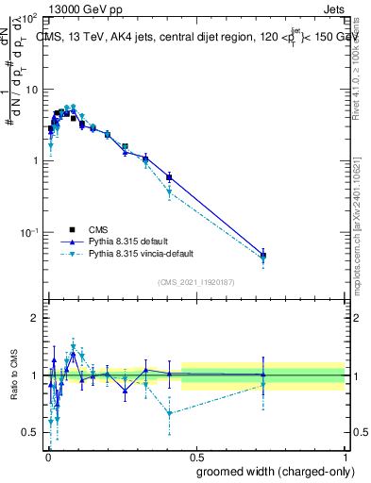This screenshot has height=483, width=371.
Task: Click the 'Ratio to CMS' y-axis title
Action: click(x=16, y=375)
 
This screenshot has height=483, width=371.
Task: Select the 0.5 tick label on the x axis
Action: click(x=196, y=455)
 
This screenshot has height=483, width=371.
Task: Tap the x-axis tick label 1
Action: click(x=346, y=455)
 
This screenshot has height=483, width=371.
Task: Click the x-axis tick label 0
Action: click(x=47, y=455)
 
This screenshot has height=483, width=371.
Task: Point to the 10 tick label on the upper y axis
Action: click(x=32, y=90)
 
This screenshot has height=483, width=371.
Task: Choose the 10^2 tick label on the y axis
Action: click(x=30, y=19)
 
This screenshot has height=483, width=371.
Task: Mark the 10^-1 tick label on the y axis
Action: click(x=30, y=232)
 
